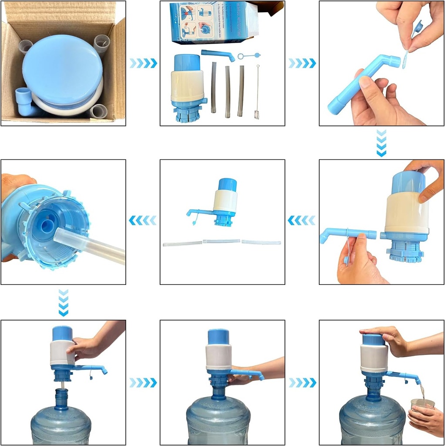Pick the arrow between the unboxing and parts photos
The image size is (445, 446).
tap(143, 64)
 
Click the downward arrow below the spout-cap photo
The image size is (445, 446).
tap(381, 142)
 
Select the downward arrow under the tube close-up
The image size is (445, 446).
tap(64, 303)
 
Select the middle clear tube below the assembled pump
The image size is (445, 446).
tap(221, 241)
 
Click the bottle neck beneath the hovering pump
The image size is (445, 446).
tap(61, 398)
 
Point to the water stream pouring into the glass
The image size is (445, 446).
tap(422, 392)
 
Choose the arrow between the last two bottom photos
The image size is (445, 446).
tap(302, 383)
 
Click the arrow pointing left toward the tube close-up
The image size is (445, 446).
tap(143, 221)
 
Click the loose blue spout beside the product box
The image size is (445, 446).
tap(217, 55)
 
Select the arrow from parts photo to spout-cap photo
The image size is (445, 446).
tap(302, 64)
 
